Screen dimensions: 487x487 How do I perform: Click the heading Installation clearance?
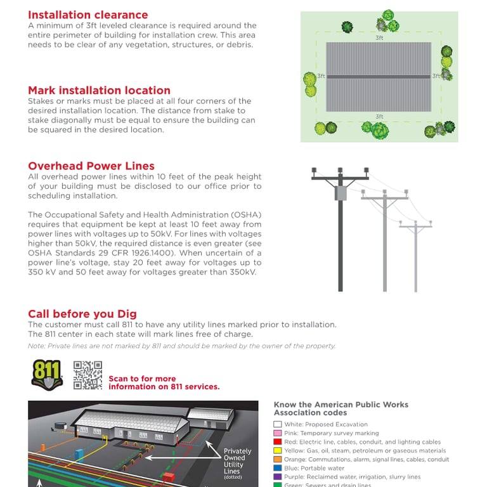click(x=88, y=15)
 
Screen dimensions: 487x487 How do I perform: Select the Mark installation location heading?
click(x=99, y=90)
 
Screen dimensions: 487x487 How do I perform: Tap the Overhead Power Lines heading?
click(x=91, y=166)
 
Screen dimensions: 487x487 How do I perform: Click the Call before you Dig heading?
click(x=82, y=314)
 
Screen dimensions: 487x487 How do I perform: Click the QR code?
click(x=88, y=375)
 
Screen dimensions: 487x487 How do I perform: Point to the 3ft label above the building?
click(x=379, y=38)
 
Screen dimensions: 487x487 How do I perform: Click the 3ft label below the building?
click(x=379, y=117)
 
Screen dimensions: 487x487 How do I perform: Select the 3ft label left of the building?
click(x=321, y=76)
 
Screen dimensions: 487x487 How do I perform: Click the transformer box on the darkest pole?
click(x=341, y=192)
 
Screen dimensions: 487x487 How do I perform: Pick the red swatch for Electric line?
click(x=277, y=442)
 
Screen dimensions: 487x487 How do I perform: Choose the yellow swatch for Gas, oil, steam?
click(x=277, y=451)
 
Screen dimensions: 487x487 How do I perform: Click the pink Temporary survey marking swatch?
click(x=277, y=433)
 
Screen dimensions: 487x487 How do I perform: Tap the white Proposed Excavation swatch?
click(x=277, y=424)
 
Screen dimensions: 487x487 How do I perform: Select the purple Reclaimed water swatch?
click(x=277, y=477)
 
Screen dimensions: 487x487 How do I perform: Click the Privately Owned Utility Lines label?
click(x=237, y=462)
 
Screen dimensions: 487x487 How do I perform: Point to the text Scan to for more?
click(x=142, y=379)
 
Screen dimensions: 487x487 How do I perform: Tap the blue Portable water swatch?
click(x=277, y=468)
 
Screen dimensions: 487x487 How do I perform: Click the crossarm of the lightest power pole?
click(x=415, y=225)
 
